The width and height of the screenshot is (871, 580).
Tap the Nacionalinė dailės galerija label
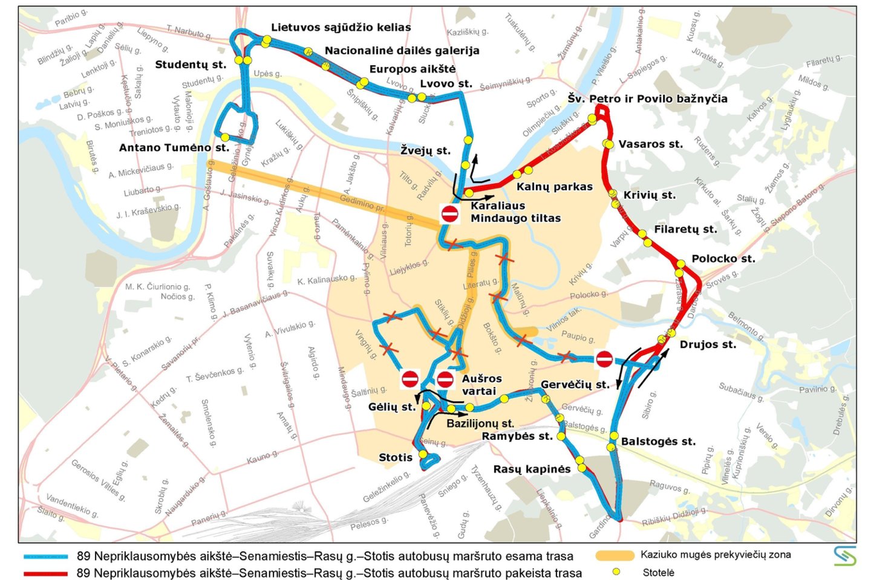[402, 51]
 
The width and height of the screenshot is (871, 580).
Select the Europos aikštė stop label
[412, 69]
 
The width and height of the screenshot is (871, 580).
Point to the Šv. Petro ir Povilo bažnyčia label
[647, 98]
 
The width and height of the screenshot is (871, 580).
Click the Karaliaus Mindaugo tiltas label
[515, 212]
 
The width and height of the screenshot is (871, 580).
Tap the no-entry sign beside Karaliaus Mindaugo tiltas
[449, 213]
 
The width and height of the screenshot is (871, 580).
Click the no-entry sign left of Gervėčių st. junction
[604, 359]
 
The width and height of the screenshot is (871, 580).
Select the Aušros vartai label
[481, 384]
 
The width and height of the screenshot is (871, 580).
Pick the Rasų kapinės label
[532, 469]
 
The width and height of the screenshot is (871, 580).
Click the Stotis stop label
[395, 457]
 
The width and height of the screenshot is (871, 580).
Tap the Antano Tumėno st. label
[174, 147]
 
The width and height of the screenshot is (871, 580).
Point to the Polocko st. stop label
[723, 259]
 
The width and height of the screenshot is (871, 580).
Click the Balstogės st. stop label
[657, 442]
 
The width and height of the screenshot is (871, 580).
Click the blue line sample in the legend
[45, 556]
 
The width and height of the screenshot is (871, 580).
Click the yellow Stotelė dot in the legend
[616, 572]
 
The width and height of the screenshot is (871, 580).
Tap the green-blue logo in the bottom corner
[844, 555]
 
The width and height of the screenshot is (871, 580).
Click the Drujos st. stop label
[707, 344]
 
